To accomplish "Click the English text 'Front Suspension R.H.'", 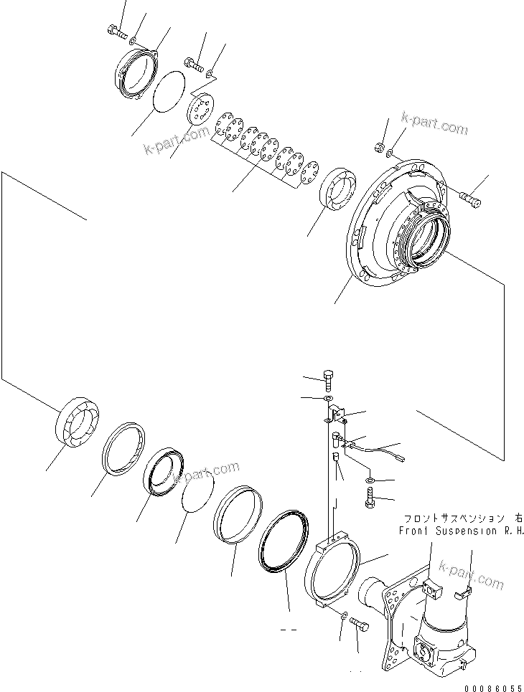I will (462, 531).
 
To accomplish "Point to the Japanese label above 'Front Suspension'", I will (462, 518).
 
